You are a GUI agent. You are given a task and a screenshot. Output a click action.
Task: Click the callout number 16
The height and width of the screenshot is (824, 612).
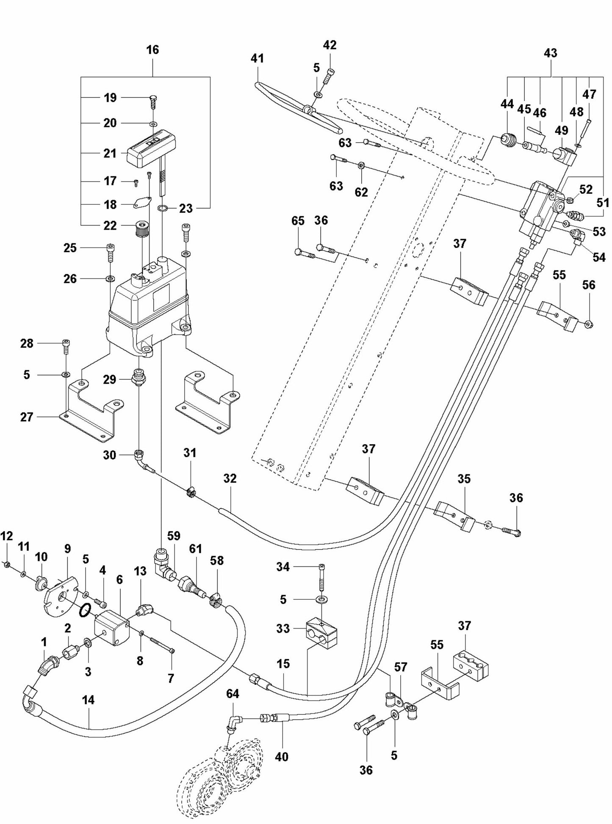[152, 50]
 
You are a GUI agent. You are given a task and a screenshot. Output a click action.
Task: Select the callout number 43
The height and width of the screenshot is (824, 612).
[550, 53]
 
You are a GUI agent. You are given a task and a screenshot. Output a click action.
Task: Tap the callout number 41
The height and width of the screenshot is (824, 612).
[257, 58]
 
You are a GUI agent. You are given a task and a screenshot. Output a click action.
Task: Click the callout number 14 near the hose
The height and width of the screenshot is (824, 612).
[88, 700]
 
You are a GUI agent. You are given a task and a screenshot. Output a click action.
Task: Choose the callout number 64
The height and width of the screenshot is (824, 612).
[233, 694]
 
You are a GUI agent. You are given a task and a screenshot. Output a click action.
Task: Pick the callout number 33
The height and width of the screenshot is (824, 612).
[283, 628]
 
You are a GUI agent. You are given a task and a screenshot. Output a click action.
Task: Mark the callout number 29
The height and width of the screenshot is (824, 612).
[110, 379]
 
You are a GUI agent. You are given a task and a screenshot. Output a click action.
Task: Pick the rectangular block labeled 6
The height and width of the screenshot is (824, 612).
[113, 629]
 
